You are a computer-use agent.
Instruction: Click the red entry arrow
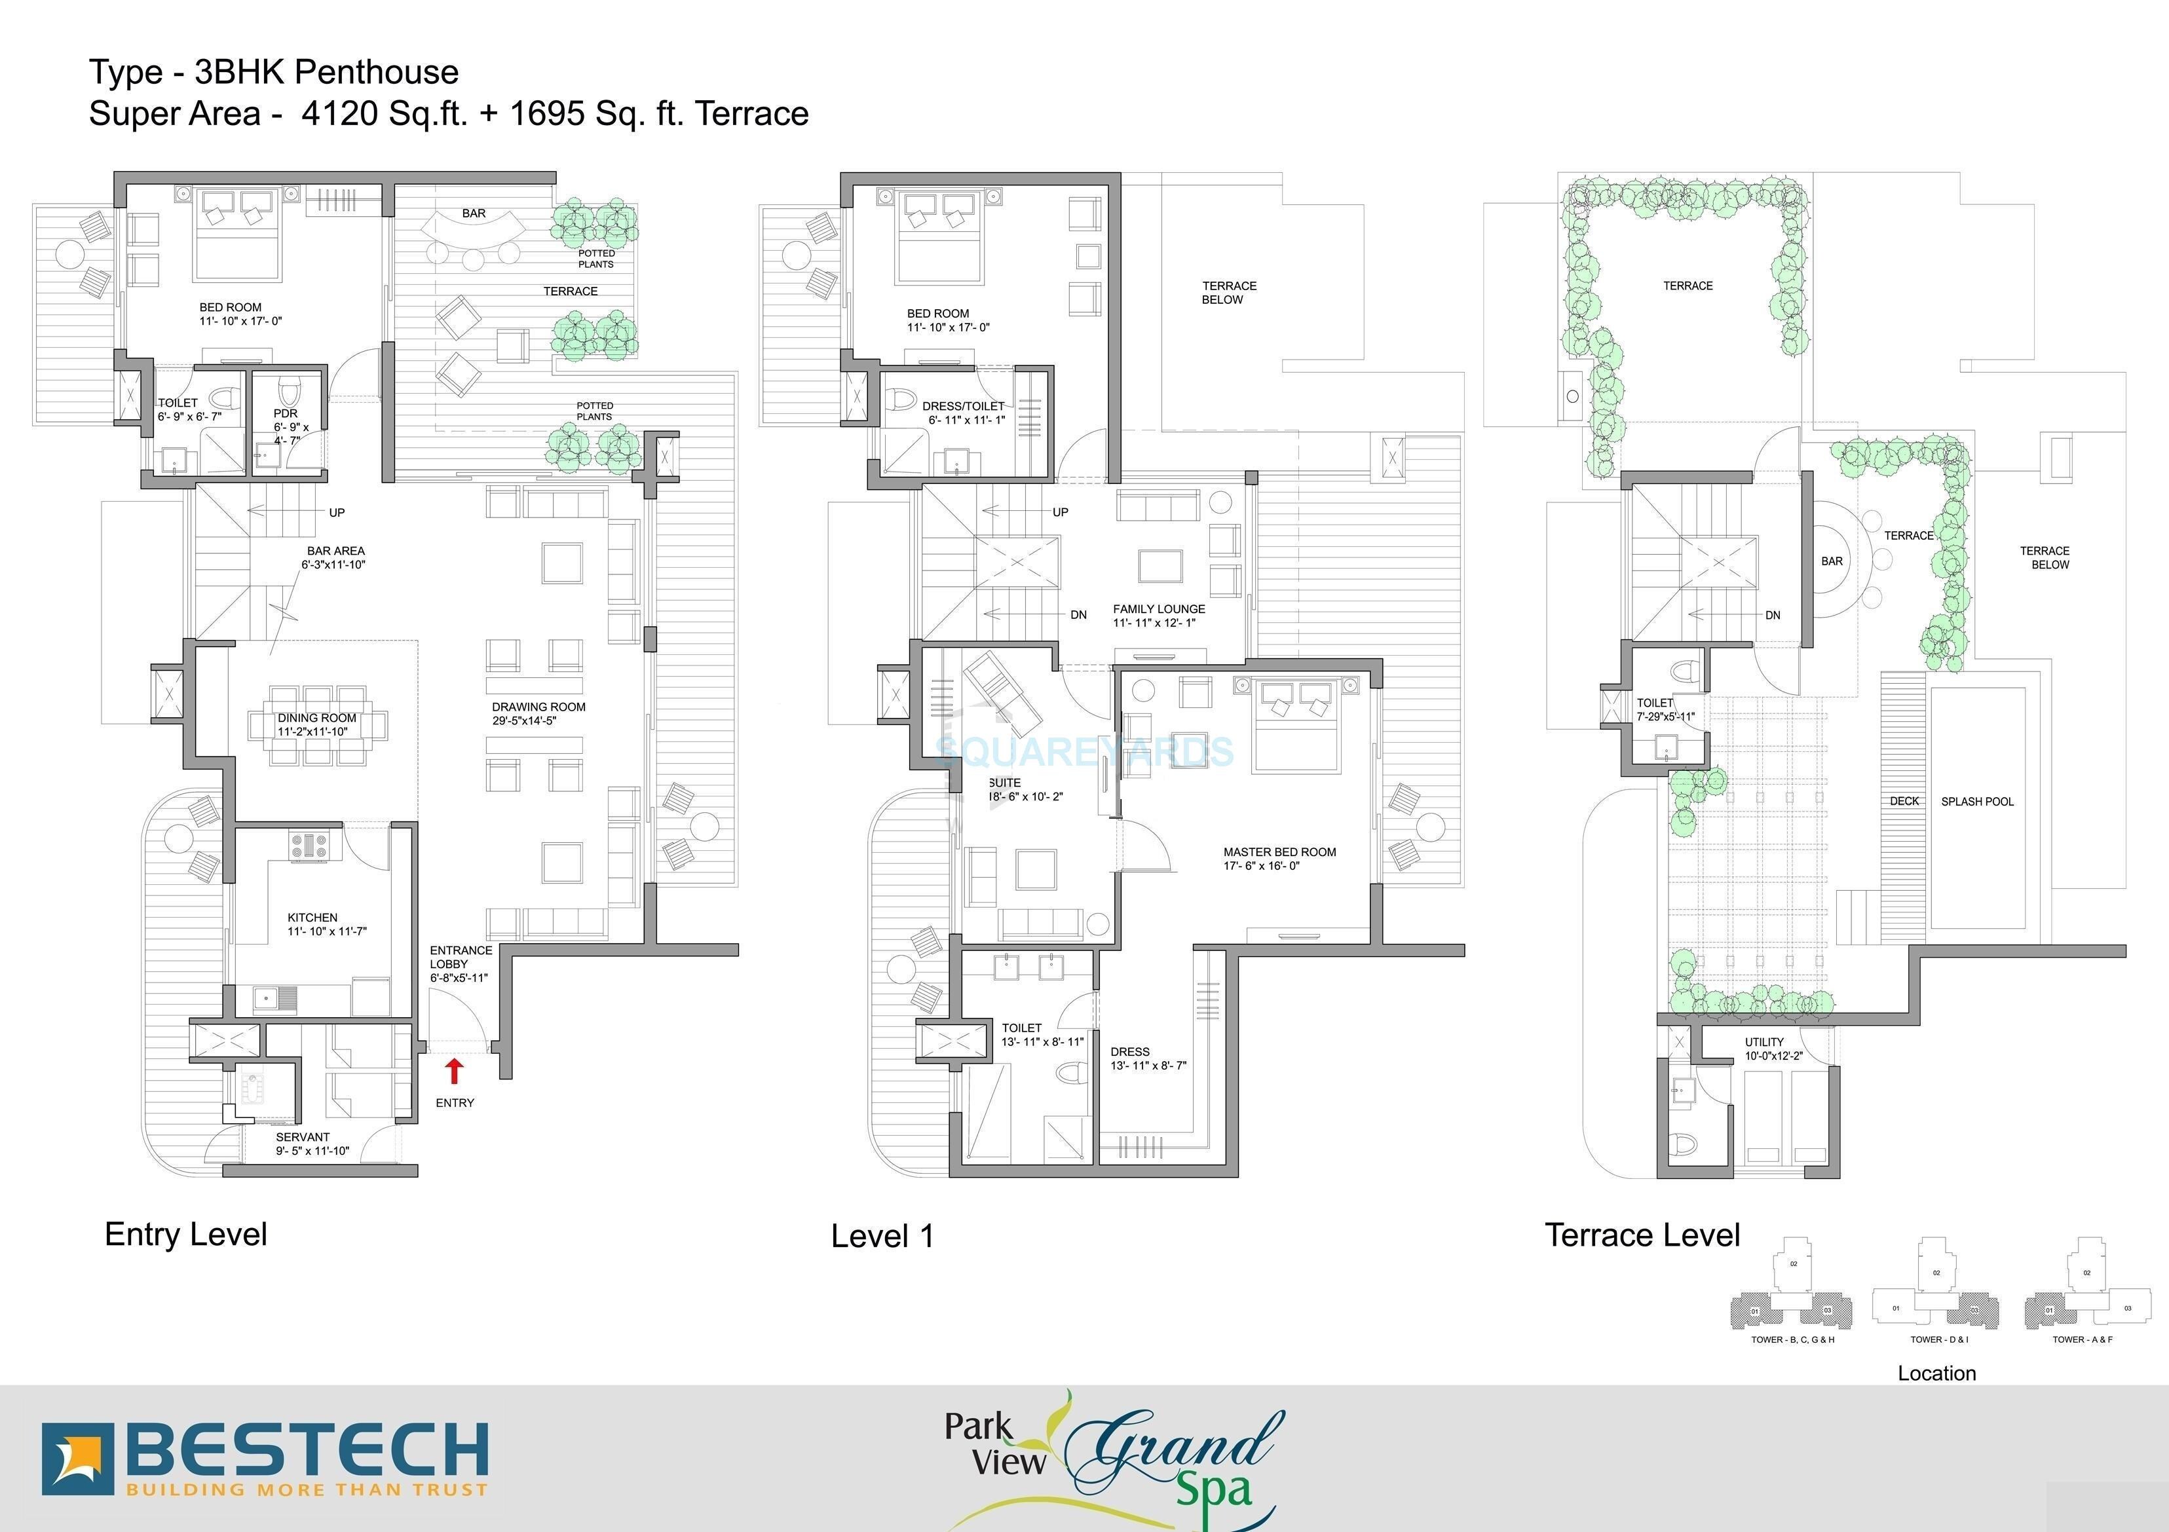pyautogui.click(x=455, y=1070)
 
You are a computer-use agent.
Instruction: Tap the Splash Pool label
pyautogui.click(x=1977, y=802)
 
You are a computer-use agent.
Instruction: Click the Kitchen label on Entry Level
pyautogui.click(x=312, y=917)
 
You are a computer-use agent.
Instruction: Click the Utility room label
pyautogui.click(x=1765, y=1043)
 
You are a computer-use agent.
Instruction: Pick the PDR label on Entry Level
pyautogui.click(x=286, y=414)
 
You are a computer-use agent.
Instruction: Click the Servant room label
pyautogui.click(x=303, y=1137)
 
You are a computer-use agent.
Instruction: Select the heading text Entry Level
pyautogui.click(x=186, y=1235)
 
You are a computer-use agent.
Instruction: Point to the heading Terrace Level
pyautogui.click(x=1642, y=1235)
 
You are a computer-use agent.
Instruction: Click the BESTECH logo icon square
pyautogui.click(x=77, y=1459)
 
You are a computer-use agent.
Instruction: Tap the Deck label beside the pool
pyautogui.click(x=1904, y=802)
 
